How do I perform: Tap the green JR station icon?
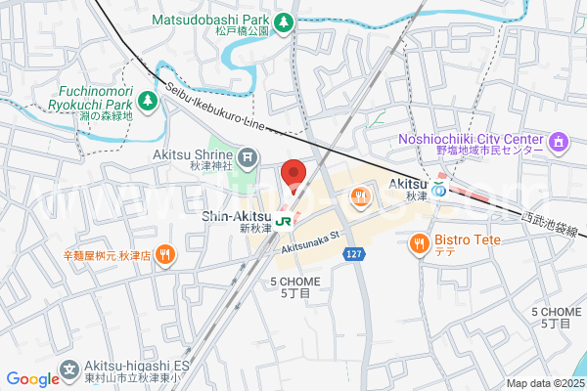click(284, 221)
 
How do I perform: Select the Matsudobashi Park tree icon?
click(284, 21)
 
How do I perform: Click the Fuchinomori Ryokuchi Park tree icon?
click(147, 100)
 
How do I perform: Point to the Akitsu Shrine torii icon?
click(248, 155)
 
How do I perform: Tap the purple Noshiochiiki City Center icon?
click(559, 144)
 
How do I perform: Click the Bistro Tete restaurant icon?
click(420, 241)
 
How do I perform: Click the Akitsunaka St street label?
click(308, 241)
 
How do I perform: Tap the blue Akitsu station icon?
click(441, 191)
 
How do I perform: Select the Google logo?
click(32, 379)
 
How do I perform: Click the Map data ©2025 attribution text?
click(544, 383)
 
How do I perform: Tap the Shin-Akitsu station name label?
click(235, 217)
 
